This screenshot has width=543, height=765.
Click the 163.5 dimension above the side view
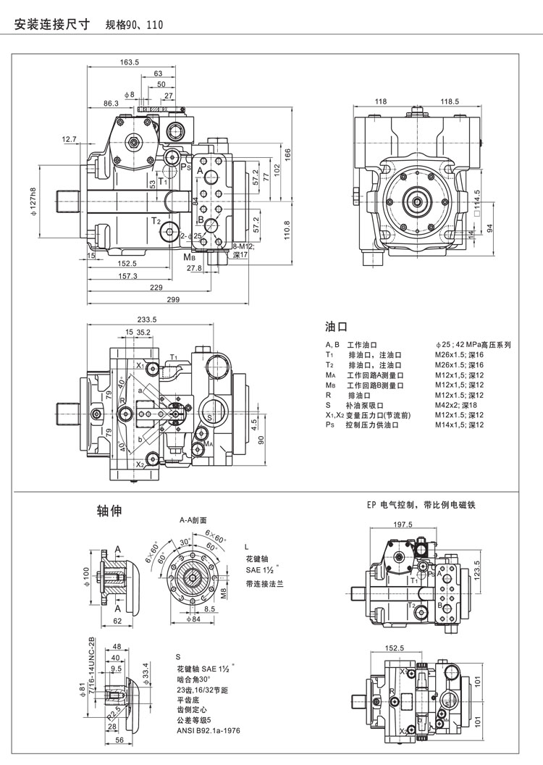[x=130, y=63]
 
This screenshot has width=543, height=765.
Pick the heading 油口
[x=338, y=327]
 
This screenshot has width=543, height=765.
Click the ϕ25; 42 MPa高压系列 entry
[x=473, y=345]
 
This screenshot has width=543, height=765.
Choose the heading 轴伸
[x=110, y=511]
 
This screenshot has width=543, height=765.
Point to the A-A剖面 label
[x=193, y=520]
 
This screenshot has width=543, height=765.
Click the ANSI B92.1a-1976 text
[x=208, y=732]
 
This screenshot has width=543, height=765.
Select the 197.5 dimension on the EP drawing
[x=402, y=524]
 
